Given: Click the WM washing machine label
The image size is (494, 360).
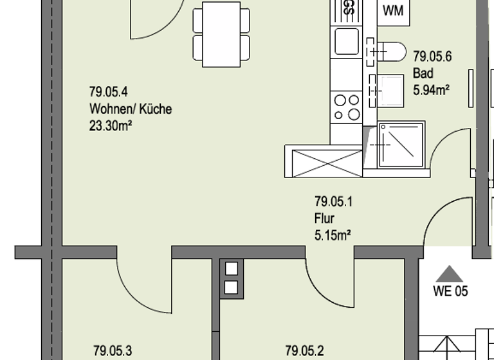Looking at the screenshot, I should point(392,11).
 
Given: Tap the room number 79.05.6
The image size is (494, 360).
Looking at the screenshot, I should point(432,57).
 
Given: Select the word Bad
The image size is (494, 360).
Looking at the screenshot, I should point(423,73).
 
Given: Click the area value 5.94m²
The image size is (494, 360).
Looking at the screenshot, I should point(430,90).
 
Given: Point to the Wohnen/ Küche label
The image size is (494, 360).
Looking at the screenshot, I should point(131,109).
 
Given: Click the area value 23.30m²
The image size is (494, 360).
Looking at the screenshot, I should point(111,126).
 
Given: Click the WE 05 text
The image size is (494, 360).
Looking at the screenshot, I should point(450,291).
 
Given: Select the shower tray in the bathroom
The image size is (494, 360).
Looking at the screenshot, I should point(401,145).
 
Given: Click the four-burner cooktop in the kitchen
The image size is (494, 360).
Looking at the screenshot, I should point(346,107).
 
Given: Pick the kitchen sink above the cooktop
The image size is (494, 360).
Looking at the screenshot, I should point(347,42).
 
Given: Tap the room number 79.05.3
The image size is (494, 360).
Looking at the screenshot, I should point(113,351).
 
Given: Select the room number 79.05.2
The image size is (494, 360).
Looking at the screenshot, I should point(305,351).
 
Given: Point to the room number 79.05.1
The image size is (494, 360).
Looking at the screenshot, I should point(333,202).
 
